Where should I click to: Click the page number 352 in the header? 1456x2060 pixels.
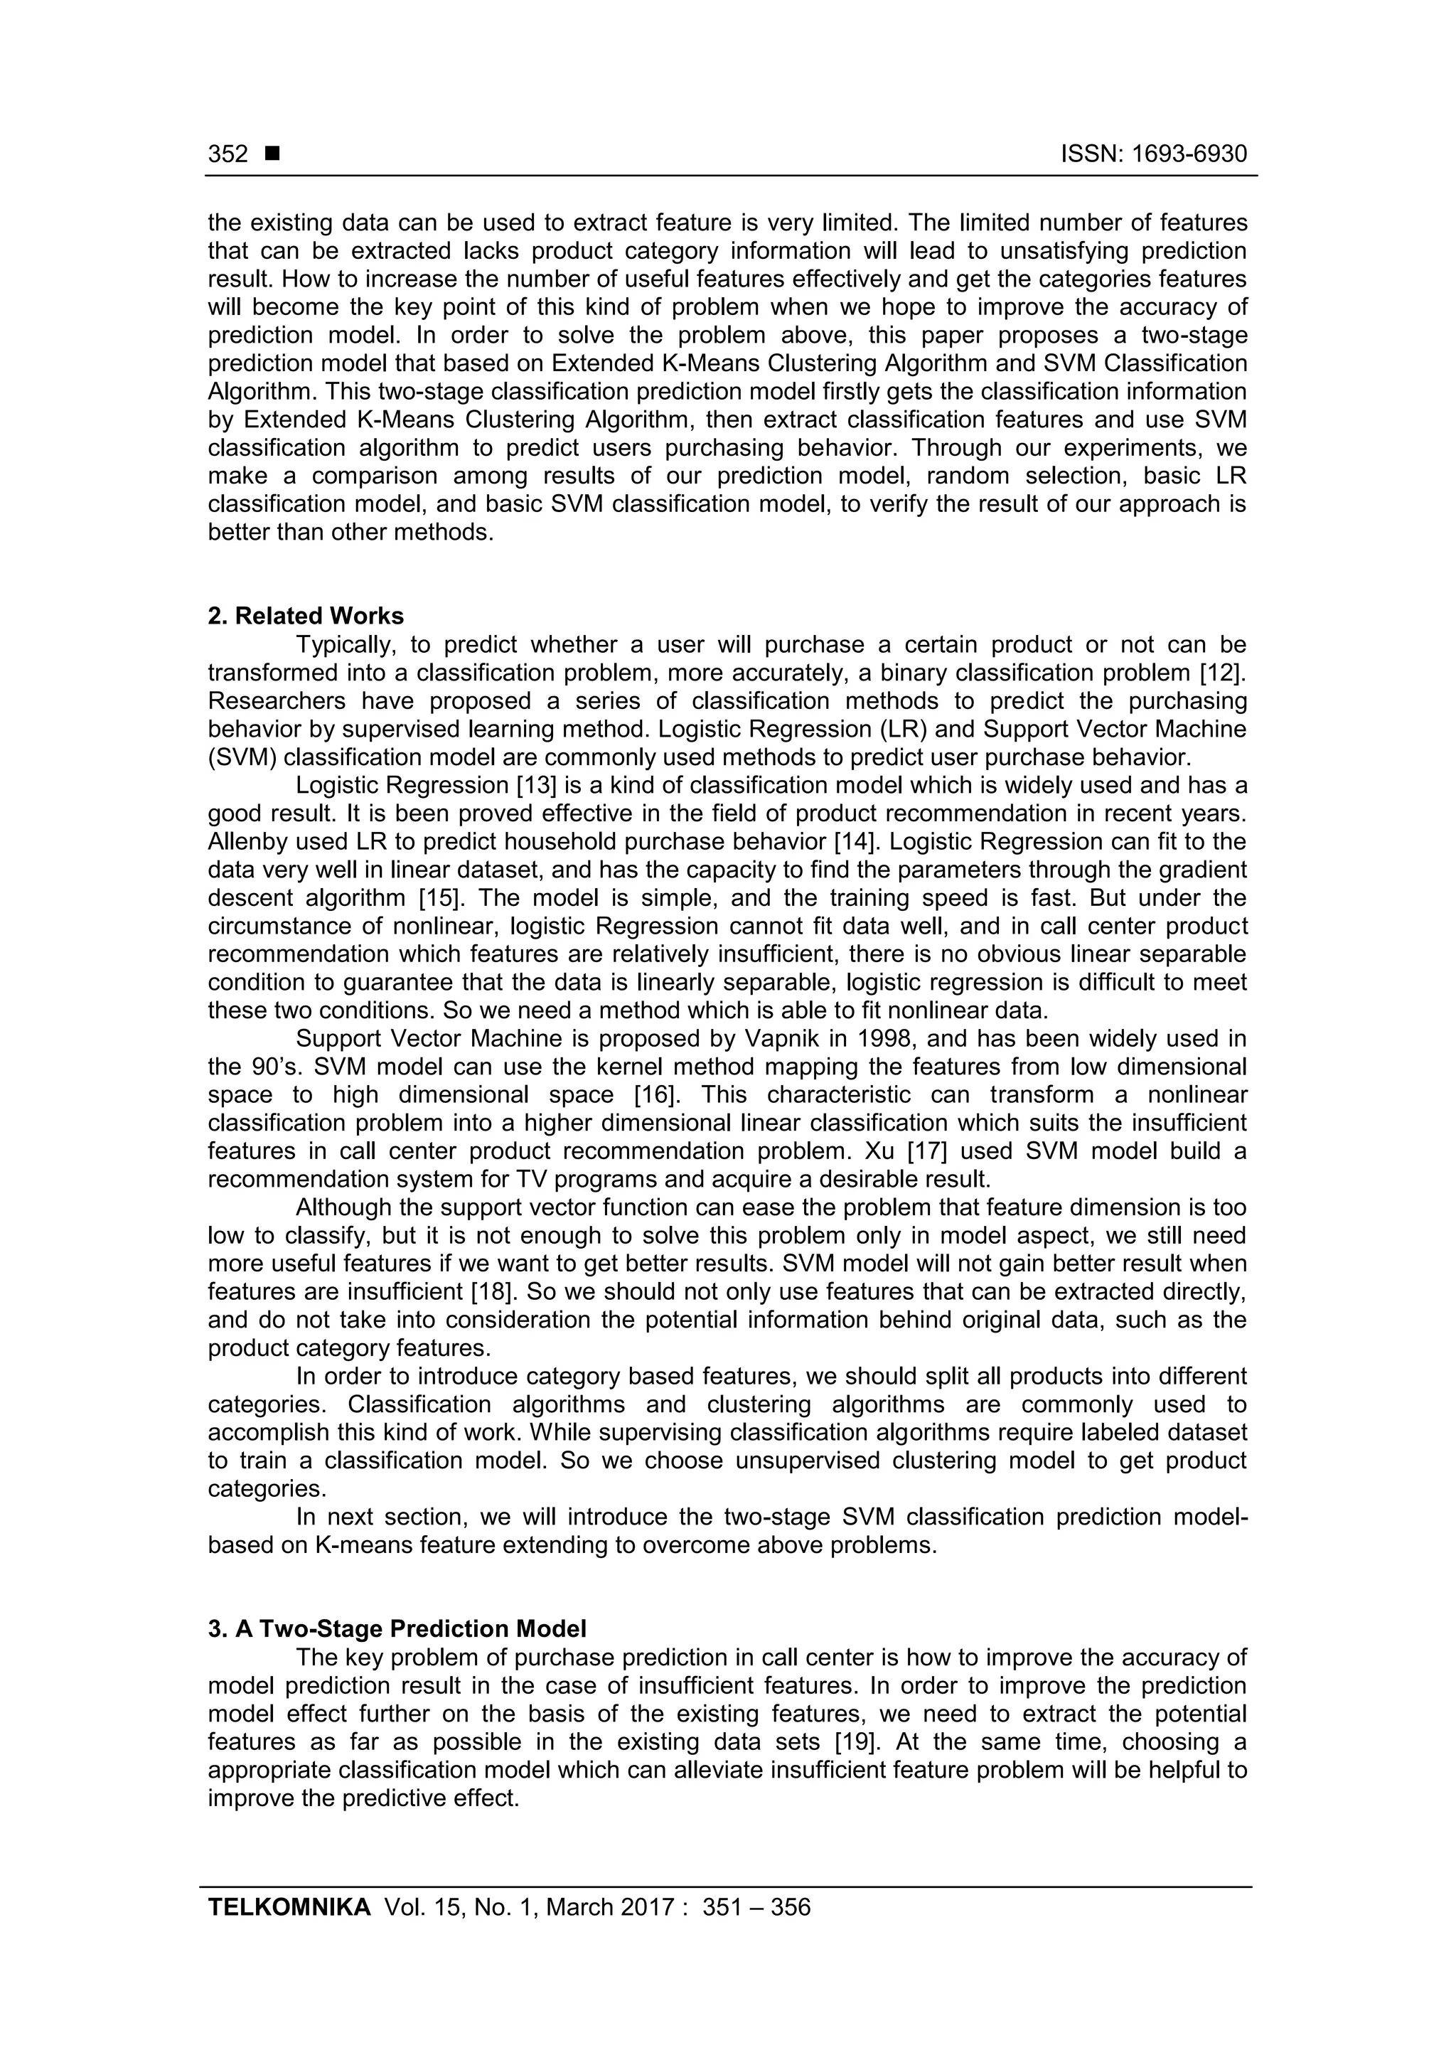[x=228, y=154]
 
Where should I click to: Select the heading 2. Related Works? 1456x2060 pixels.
[x=306, y=616]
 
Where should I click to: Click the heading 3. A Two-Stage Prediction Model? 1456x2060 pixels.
[x=397, y=1628]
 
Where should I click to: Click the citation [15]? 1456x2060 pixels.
[x=441, y=898]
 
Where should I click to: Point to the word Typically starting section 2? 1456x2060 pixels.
[x=347, y=644]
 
